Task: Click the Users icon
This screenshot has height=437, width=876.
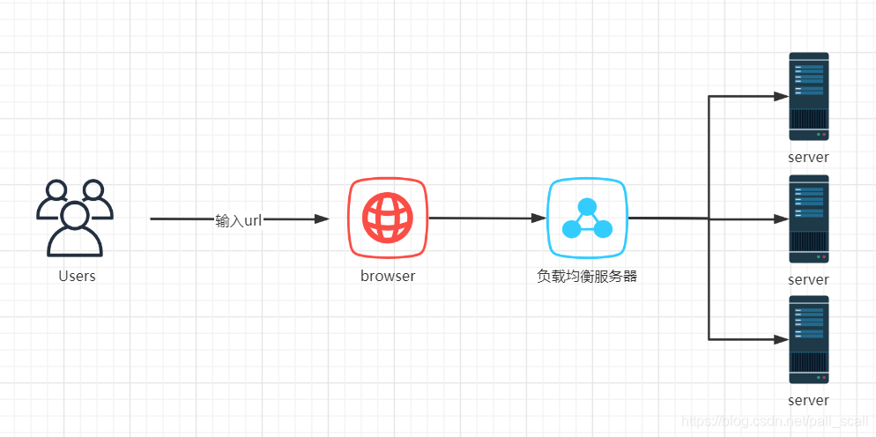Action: (x=75, y=218)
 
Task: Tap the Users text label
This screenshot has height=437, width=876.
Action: (x=77, y=276)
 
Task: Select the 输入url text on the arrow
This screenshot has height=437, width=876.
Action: (x=238, y=220)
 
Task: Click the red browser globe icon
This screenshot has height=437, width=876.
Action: (x=388, y=218)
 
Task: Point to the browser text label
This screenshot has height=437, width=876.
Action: (x=388, y=276)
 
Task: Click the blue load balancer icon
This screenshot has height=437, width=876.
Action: (x=587, y=218)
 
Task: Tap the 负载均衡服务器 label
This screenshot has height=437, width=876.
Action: (x=587, y=276)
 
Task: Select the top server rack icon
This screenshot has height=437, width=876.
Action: (x=809, y=96)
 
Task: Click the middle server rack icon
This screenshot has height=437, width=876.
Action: (x=809, y=218)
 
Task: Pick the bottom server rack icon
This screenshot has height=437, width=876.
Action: (x=809, y=339)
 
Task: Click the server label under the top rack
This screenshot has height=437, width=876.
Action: (x=809, y=158)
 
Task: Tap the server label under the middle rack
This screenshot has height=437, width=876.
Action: (x=809, y=279)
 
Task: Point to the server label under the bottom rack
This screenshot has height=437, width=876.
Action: (x=809, y=401)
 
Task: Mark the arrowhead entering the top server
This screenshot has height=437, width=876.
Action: (x=781, y=96)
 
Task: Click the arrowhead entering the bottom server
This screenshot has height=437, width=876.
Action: (x=781, y=339)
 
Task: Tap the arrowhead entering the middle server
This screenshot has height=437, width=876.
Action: (x=781, y=218)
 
